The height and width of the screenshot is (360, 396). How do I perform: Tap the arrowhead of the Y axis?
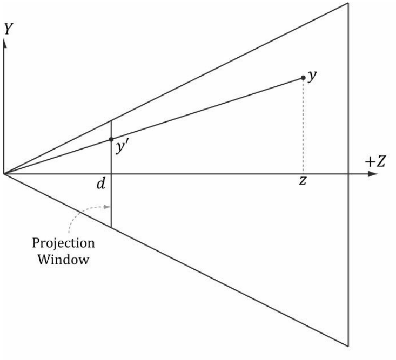(5, 43)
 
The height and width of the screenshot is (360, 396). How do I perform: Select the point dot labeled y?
(304, 78)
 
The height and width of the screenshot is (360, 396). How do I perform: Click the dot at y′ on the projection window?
(111, 139)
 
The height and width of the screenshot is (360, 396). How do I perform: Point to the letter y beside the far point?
(312, 76)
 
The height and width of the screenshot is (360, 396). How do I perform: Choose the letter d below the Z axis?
(100, 184)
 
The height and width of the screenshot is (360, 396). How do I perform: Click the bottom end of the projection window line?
(111, 227)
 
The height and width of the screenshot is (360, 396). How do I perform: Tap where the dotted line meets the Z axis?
(304, 174)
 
